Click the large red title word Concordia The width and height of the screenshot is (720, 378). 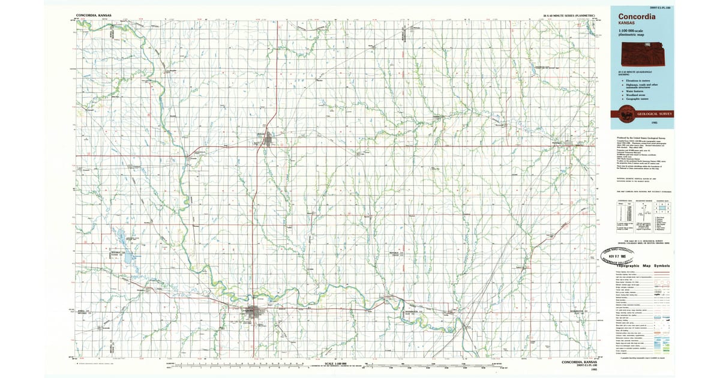click(x=634, y=17)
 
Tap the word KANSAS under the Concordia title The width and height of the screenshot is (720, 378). click(x=625, y=25)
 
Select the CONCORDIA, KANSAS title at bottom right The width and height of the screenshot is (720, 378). click(x=579, y=362)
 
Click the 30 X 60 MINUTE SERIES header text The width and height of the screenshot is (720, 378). click(x=569, y=14)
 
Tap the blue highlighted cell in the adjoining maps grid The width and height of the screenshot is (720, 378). click(x=662, y=207)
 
